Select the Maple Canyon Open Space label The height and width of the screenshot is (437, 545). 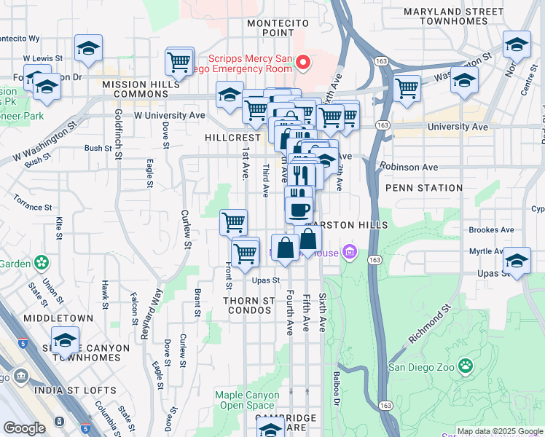(247, 400)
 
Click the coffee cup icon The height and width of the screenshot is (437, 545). (298, 210)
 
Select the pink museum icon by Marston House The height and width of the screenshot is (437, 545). (350, 253)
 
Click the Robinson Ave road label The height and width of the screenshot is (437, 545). (409, 167)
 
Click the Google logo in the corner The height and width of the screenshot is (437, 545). (24, 428)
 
